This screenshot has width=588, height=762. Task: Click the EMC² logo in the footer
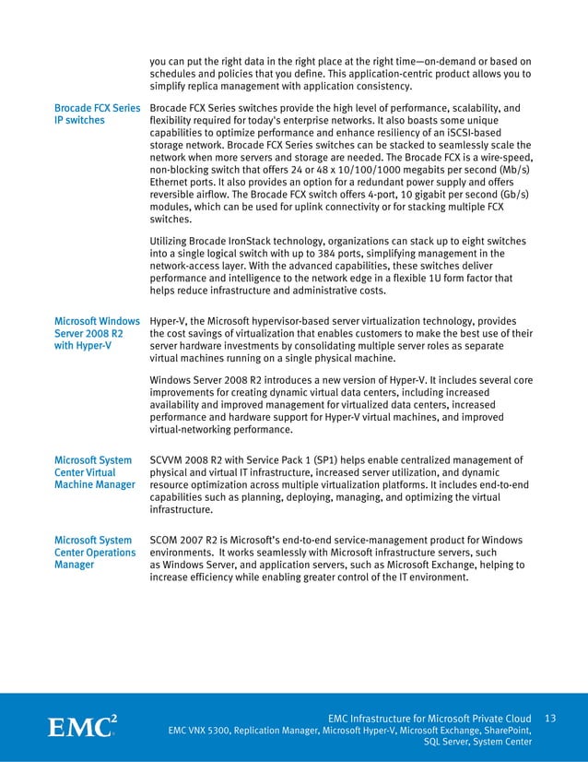coord(81,726)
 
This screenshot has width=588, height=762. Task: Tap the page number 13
coord(551,718)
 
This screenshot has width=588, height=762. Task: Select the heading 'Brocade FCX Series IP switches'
coord(97,113)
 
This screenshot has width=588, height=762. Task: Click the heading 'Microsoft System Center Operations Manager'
coord(95,553)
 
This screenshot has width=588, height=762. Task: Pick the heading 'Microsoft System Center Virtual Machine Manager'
coord(95,472)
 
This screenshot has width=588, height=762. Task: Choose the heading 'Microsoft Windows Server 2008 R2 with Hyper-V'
coord(97,334)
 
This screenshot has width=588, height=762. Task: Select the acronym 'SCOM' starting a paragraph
coord(167,540)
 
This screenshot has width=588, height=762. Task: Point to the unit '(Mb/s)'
coord(514,171)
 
